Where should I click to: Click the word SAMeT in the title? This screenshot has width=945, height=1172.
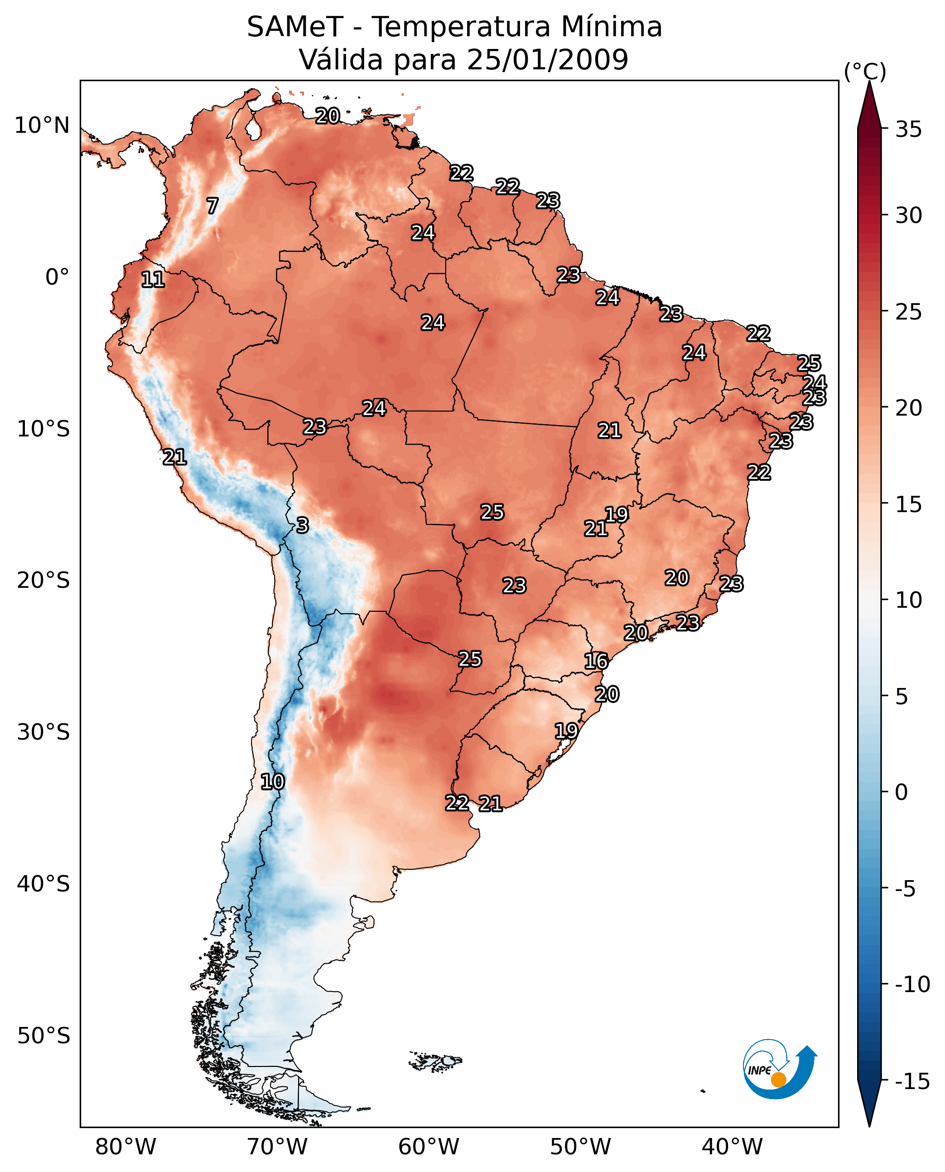click(294, 27)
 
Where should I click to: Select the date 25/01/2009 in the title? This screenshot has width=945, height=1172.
click(547, 60)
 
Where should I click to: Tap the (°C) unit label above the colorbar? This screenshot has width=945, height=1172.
click(864, 71)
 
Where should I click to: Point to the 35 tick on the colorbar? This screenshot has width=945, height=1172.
click(908, 130)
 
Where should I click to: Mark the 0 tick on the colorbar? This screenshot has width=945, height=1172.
click(902, 792)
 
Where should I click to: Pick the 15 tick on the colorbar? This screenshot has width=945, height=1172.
click(908, 505)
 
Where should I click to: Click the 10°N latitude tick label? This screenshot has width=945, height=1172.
click(42, 126)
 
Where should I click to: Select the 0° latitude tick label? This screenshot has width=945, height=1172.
click(57, 277)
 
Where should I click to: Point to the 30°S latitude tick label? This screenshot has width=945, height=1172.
click(43, 732)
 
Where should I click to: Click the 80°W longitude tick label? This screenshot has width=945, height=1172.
click(126, 1147)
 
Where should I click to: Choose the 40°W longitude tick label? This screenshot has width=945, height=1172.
click(732, 1147)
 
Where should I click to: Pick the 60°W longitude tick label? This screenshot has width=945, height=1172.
click(429, 1147)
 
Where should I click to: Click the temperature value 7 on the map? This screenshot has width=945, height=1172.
click(212, 206)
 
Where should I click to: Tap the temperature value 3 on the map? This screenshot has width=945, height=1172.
click(303, 525)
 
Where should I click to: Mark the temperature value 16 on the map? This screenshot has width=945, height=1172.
click(596, 661)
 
